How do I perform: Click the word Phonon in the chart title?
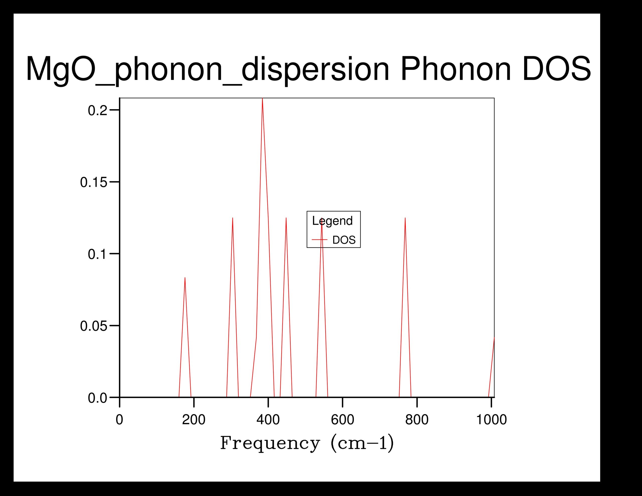click(x=455, y=69)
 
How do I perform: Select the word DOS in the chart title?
click(x=556, y=69)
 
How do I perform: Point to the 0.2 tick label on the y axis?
click(x=97, y=111)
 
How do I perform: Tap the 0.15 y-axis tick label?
click(x=94, y=183)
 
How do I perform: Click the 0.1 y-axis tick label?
click(x=97, y=254)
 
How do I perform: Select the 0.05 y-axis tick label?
click(x=94, y=326)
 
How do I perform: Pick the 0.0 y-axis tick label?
click(x=97, y=398)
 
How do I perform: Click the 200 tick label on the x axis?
click(x=194, y=420)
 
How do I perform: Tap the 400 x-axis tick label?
click(x=268, y=420)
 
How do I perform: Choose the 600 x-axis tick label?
click(x=343, y=420)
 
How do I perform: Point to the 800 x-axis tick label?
click(x=417, y=420)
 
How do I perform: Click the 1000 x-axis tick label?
click(x=492, y=420)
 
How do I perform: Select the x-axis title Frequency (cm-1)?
click(x=307, y=443)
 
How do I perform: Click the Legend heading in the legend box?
click(x=332, y=221)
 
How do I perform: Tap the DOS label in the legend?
click(x=344, y=240)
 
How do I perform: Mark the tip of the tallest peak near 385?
click(x=262, y=99)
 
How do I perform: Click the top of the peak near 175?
click(x=185, y=278)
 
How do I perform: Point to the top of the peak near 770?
click(x=405, y=218)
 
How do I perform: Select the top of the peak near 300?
click(x=232, y=218)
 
